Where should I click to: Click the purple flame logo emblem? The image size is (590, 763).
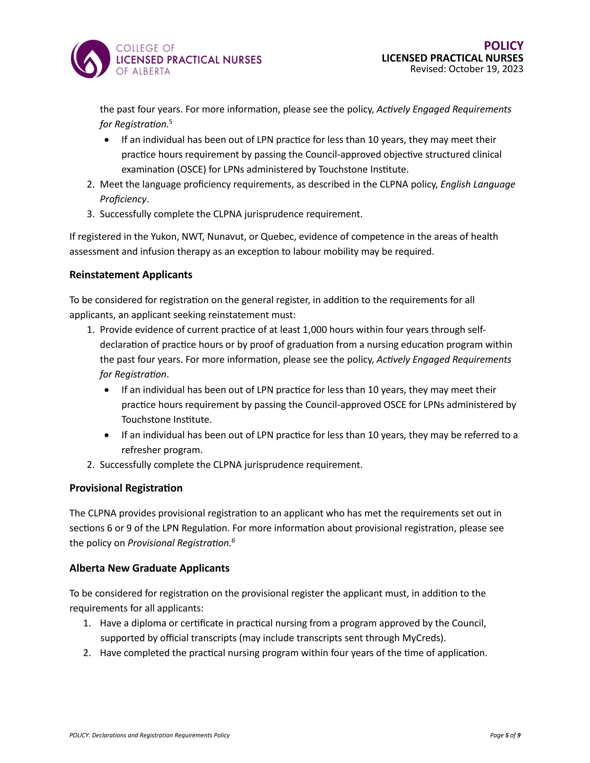coord(90,59)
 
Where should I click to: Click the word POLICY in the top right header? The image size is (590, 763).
coord(503,46)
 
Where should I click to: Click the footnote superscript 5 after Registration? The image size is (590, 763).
coord(171,122)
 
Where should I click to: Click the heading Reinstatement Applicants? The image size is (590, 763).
coord(131,275)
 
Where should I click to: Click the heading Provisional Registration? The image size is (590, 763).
coord(126,488)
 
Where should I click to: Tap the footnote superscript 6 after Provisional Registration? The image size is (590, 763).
coord(233,541)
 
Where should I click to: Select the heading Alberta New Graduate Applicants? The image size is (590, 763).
coord(149,568)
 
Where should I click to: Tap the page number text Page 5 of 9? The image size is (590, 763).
coord(505,735)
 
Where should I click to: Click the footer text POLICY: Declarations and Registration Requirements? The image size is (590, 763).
coord(150,735)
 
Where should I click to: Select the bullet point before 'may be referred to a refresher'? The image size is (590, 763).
coord(107,435)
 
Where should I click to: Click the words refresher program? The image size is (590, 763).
coord(162,450)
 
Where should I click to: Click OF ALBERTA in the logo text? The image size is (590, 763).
coord(143,71)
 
